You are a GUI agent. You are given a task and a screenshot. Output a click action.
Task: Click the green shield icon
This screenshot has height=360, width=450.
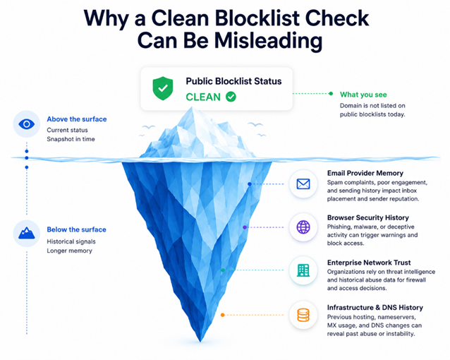pos(163,88)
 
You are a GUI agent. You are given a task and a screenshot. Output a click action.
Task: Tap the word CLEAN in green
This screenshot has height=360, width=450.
pos(203,97)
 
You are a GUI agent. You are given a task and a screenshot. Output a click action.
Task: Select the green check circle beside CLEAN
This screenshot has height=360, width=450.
pos(231,97)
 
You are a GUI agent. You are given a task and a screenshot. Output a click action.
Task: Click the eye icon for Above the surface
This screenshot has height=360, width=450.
pos(26,124)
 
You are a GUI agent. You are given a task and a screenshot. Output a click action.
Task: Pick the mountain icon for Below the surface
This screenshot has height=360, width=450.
pos(26,233)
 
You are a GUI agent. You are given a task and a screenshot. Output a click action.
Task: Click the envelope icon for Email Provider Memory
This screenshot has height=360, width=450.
pos(303,184)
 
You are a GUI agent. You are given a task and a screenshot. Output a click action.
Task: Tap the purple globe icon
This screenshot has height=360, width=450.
pos(303,227)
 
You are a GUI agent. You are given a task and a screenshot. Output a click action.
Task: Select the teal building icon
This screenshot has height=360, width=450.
pos(303,270)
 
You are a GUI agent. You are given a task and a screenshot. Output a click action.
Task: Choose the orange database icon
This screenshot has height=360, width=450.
pos(303,316)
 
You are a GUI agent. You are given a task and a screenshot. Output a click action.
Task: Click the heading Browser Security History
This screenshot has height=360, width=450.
pos(368,218)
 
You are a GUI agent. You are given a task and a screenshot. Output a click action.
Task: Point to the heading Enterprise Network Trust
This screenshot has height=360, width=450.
pos(369,263)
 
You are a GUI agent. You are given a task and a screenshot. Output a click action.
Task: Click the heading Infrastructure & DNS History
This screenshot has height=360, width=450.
pos(375,308)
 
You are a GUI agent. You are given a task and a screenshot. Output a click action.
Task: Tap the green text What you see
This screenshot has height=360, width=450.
pos(363,95)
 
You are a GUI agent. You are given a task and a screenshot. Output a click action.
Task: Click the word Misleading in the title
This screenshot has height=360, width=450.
pos(268,41)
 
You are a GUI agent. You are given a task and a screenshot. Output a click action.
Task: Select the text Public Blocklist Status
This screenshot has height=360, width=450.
pos(233,81)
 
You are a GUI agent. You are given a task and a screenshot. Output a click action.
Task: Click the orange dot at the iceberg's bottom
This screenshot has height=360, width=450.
pos(222,316)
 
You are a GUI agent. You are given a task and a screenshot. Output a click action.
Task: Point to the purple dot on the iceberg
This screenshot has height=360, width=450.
pos(245,227)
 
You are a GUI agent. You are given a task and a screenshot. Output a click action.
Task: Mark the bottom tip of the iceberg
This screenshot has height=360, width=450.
pos(200,342)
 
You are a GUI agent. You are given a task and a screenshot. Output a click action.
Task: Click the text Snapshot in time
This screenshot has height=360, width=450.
pos(71,139)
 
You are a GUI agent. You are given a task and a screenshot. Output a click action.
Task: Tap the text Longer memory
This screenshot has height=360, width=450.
pos(69,251)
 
